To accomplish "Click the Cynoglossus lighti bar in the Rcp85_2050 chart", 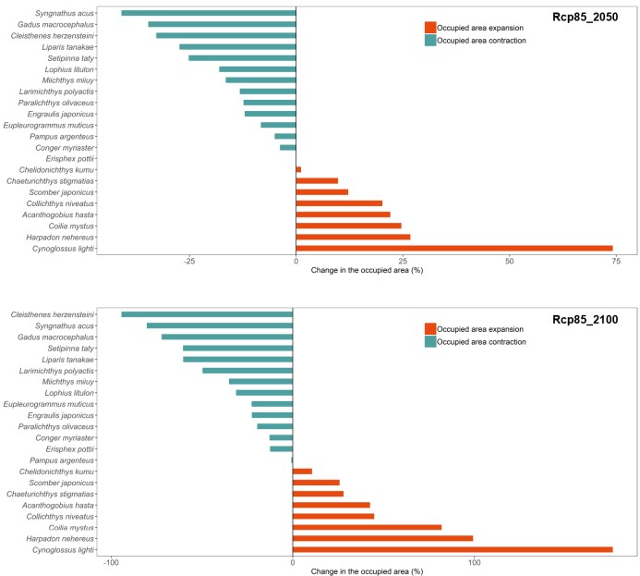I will tap(454, 248).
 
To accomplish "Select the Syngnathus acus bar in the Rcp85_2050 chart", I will tap(209, 13).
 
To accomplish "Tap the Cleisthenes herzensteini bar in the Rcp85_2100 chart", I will tap(207, 314).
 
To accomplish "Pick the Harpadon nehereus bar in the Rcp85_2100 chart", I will tap(382, 538).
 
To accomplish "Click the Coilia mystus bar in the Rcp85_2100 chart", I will tap(367, 527).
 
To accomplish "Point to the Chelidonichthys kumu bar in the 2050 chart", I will tap(298, 169).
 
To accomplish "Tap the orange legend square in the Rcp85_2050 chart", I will tap(430, 28).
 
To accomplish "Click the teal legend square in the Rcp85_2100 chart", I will tap(430, 341).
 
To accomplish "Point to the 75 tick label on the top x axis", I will tap(611, 261).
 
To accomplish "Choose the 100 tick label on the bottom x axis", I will tap(474, 562).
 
